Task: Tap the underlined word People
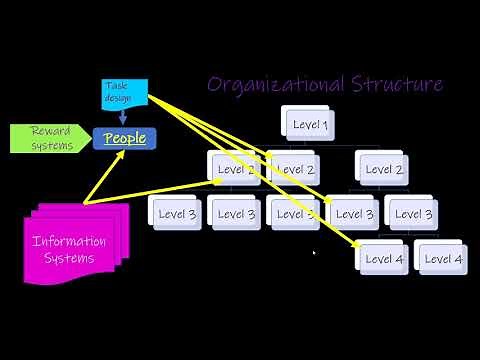(125, 138)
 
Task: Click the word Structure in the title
(396, 83)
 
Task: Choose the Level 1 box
(311, 125)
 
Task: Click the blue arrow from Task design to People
(123, 115)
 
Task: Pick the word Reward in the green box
(50, 131)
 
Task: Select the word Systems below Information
(70, 258)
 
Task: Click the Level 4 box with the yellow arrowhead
(385, 259)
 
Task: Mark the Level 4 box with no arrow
(443, 259)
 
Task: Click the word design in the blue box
(119, 97)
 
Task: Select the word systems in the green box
(51, 146)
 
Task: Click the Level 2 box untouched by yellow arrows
(385, 170)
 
